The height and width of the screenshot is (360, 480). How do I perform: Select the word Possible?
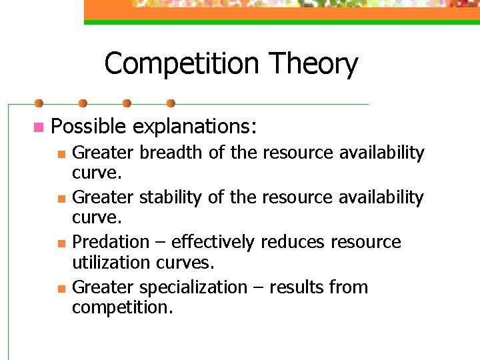pos(89,126)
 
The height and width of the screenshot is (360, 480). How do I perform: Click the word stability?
pos(169,197)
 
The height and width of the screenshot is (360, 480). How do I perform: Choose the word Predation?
pos(111,242)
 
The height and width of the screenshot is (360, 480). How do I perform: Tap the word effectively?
pos(212,242)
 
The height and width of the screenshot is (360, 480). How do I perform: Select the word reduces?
pos(293,242)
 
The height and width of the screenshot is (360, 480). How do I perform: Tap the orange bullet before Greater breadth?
pos(61,154)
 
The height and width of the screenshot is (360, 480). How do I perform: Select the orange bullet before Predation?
pos(61,243)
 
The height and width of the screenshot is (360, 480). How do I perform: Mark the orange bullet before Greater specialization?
pos(61,289)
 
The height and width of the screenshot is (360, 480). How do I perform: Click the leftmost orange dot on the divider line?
pos(39,103)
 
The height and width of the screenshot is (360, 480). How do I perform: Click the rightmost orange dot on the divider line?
pos(171,103)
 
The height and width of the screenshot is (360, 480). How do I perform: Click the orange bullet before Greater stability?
pos(61,199)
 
